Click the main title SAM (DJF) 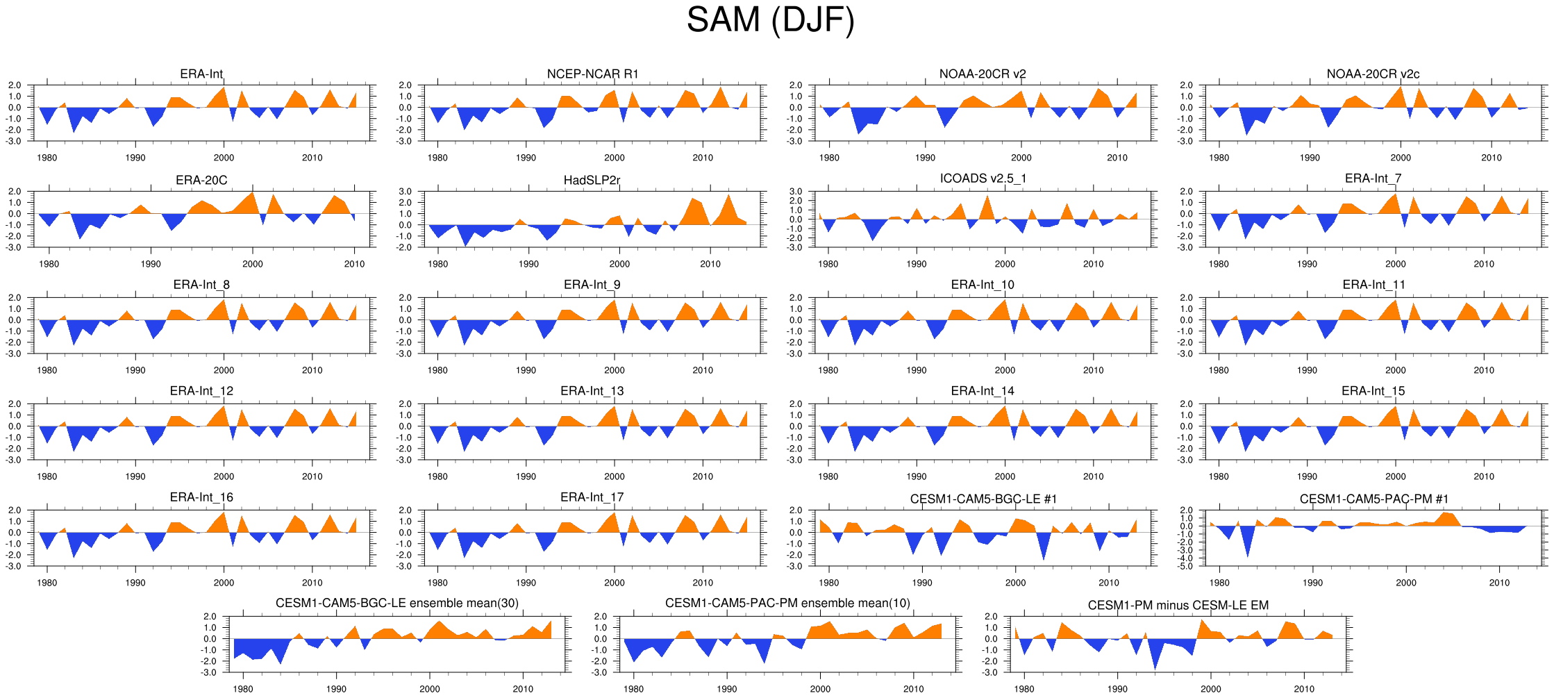click(770, 19)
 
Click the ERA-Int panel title click(201, 74)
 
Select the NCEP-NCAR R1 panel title click(592, 74)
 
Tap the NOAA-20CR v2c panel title click(1373, 74)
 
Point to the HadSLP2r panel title click(592, 181)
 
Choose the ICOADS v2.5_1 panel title click(983, 178)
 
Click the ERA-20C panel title click(201, 181)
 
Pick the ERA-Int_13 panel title click(592, 391)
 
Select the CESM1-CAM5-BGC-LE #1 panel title click(983, 499)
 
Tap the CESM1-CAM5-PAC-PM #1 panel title click(1373, 499)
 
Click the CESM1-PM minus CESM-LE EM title click(1178, 606)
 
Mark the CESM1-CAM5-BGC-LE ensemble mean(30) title click(396, 604)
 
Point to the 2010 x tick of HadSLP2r click(710, 264)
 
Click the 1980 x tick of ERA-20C click(49, 264)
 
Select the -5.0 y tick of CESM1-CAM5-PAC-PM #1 click(1186, 566)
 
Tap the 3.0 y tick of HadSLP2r click(405, 192)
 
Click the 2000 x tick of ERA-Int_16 click(224, 583)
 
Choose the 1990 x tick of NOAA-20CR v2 click(925, 158)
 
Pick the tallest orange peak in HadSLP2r click(728, 195)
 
